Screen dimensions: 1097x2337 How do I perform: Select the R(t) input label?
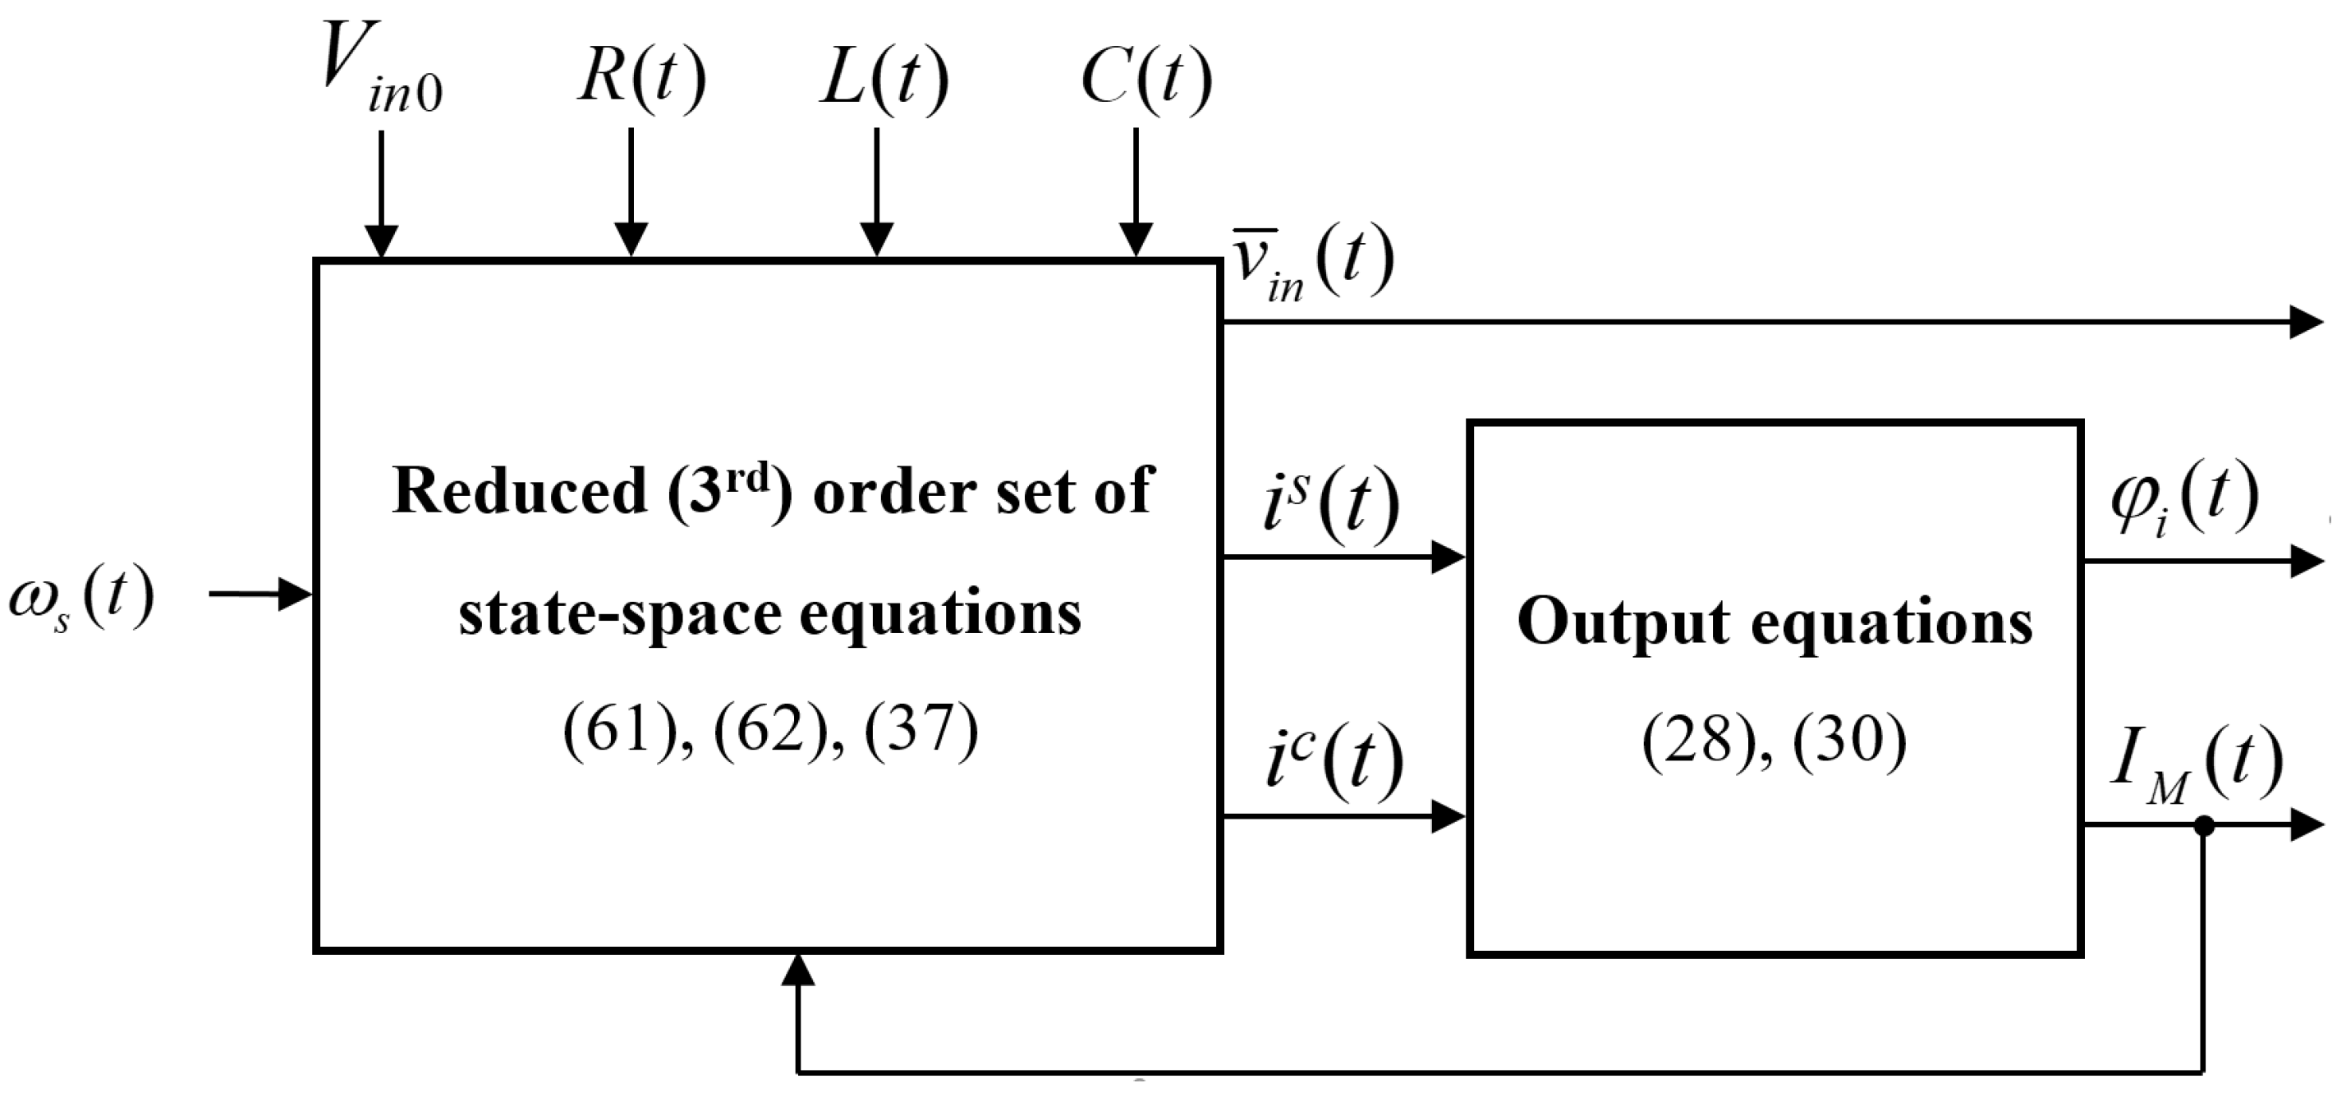tap(641, 78)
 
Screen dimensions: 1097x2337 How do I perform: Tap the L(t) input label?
tap(884, 78)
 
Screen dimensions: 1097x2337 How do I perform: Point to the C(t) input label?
tap(1146, 78)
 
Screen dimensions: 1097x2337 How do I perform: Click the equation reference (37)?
tap(921, 728)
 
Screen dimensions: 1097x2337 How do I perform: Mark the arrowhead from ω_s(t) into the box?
tap(295, 594)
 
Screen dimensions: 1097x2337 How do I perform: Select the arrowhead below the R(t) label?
tap(631, 239)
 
